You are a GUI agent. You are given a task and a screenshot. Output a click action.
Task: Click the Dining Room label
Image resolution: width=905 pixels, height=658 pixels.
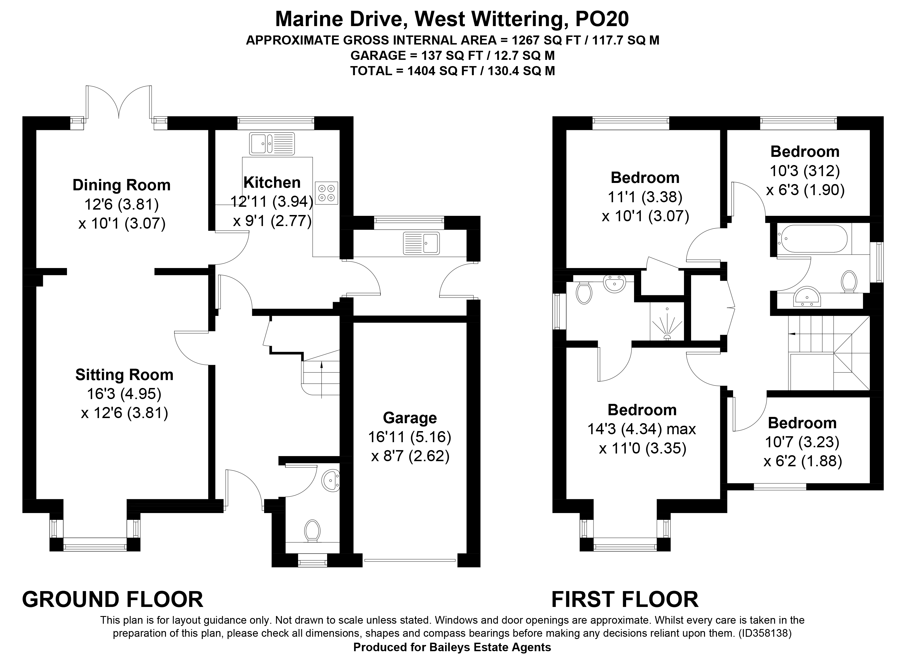121,185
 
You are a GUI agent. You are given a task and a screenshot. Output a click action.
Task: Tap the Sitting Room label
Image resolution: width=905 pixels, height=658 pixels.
125,375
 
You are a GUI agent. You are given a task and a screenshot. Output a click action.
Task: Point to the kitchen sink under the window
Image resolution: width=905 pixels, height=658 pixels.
272,144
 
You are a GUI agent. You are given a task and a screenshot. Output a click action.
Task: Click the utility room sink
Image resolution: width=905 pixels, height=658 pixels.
421,243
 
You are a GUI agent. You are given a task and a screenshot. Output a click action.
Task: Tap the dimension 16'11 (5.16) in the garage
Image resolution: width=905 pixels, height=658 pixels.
409,437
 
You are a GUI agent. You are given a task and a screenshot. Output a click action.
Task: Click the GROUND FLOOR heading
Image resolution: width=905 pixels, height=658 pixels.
113,599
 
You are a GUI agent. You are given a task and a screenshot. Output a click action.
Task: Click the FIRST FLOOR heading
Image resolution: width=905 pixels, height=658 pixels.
625,599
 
